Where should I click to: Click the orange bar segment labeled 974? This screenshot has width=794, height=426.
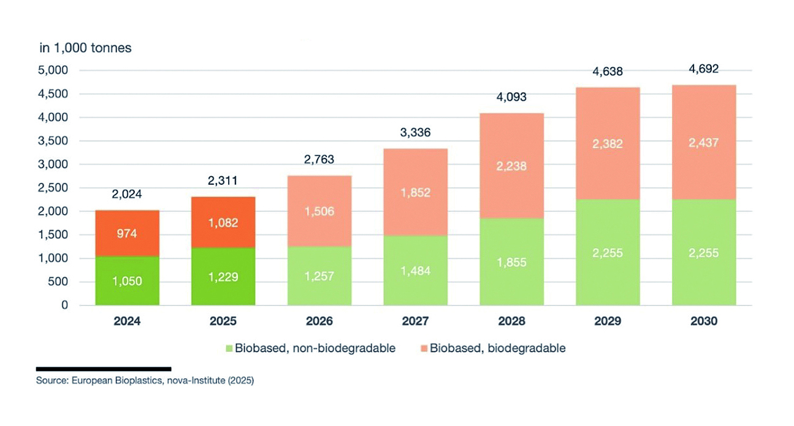coord(127,233)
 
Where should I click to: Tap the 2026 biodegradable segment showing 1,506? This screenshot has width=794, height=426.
coord(319,211)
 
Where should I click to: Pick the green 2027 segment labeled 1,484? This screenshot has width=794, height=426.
coord(415,270)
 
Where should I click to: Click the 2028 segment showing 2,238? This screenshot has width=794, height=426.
coord(511,166)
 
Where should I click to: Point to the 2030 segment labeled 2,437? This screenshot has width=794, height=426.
coord(703,142)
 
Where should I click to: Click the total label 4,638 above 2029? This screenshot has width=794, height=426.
coord(608,71)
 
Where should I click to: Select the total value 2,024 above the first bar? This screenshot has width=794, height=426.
coord(127,195)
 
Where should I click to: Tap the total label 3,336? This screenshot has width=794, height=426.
coord(415,132)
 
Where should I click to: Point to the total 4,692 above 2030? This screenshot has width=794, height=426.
coord(703,68)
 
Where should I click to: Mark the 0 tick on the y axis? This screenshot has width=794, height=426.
coord(64,305)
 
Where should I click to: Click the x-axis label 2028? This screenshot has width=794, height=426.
coord(511,321)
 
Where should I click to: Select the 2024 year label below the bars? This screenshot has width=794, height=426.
coord(127,321)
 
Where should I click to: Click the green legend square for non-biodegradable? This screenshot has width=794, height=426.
coord(230,349)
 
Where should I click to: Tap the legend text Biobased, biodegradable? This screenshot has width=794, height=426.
coord(497,349)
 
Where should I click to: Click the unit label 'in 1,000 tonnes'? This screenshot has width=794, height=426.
coord(85,48)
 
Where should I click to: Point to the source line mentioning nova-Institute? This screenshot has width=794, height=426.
coord(145,381)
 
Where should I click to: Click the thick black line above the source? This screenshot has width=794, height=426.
coord(103,369)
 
